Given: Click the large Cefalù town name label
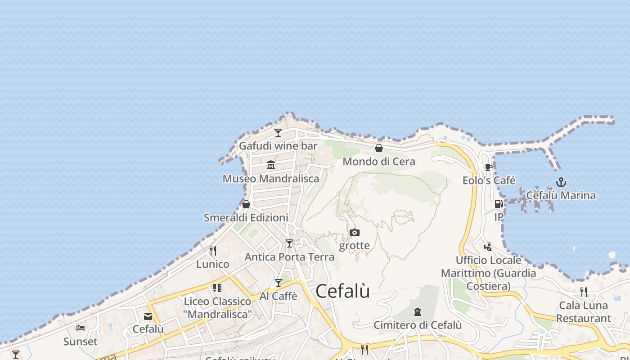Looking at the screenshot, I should [x=342, y=291].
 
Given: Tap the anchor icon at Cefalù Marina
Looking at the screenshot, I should [x=561, y=182].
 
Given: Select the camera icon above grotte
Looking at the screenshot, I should [x=355, y=232].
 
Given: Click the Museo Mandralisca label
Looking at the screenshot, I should [x=271, y=179].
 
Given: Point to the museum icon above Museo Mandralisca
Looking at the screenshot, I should [x=271, y=165].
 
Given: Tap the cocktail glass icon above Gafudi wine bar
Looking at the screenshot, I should [x=278, y=132].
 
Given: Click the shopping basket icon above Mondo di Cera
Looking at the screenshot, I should [x=379, y=148].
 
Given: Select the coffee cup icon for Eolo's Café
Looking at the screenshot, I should [x=489, y=167].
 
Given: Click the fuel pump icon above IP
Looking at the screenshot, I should [x=499, y=204].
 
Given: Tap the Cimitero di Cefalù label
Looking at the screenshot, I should [x=418, y=325].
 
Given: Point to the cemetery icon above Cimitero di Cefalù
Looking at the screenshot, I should [x=418, y=311].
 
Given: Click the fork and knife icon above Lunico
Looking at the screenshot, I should [x=213, y=250].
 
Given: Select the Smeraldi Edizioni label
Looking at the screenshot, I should [x=246, y=218].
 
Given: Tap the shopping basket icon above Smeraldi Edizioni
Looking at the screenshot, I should [x=246, y=204].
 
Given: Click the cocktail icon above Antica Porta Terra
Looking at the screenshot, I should [x=289, y=243].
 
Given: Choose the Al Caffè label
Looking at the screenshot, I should [x=279, y=296].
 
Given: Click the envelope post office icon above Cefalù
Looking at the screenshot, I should [x=148, y=316].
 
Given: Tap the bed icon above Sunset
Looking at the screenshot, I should [x=81, y=328].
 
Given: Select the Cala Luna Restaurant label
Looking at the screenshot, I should [x=583, y=312].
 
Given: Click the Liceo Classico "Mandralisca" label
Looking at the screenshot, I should [x=218, y=308].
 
